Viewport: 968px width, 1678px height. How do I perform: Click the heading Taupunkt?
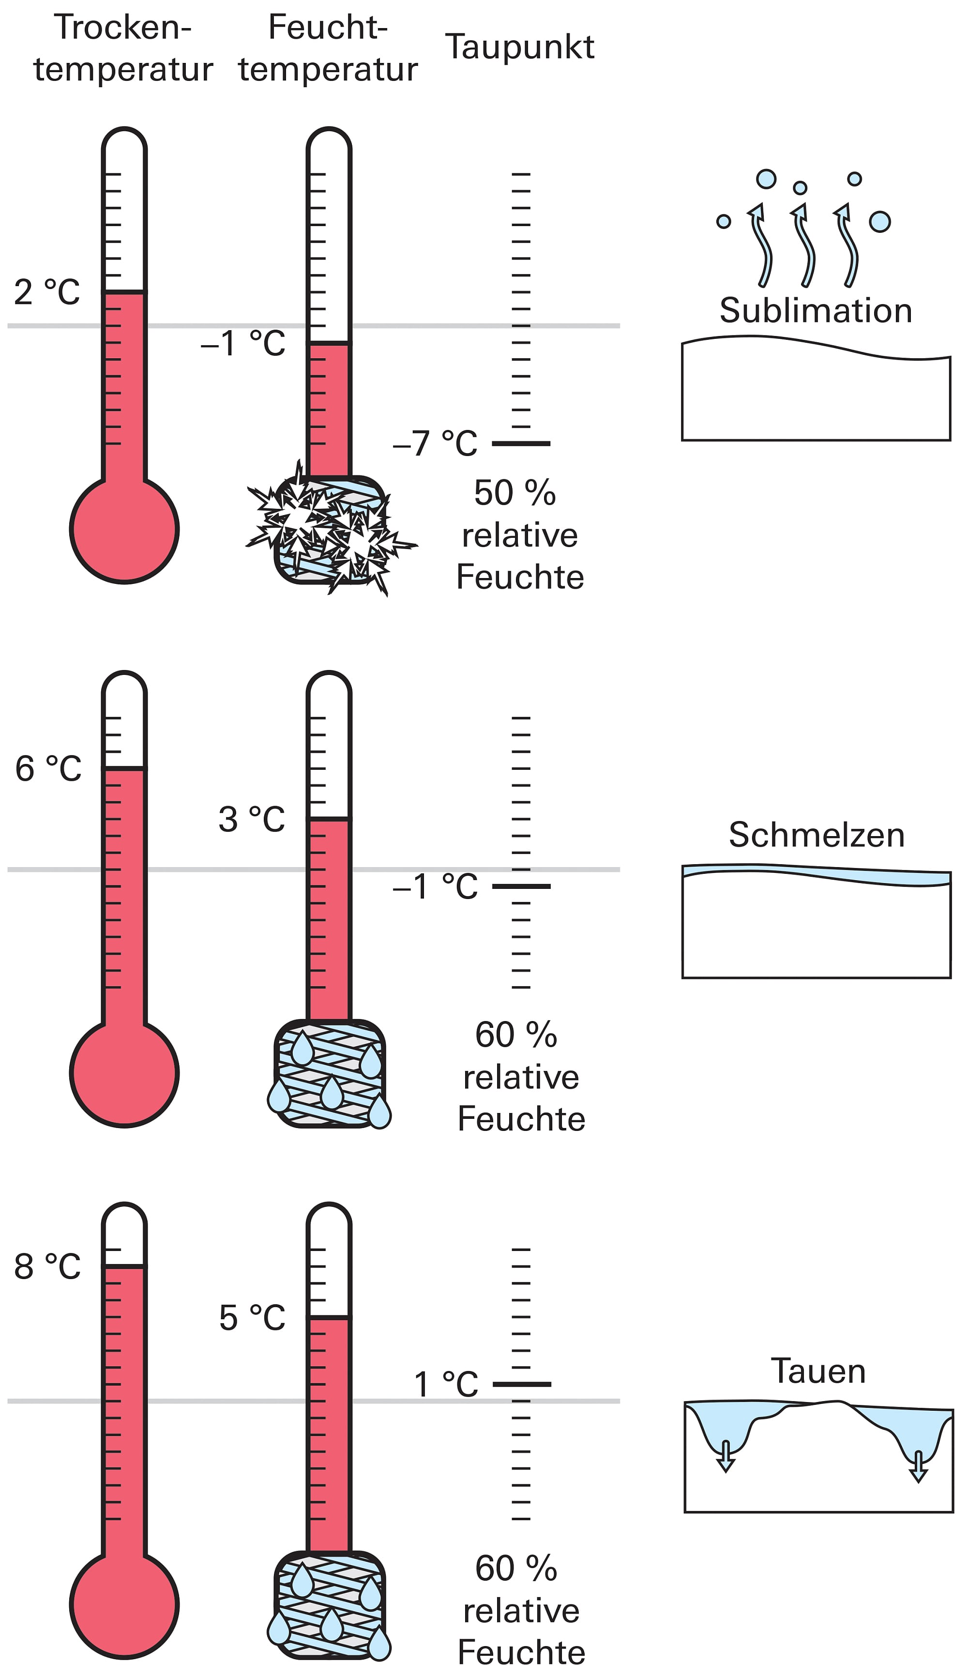pos(519,47)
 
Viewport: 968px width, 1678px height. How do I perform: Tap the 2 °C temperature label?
pos(46,292)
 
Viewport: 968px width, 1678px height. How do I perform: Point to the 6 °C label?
pos(48,768)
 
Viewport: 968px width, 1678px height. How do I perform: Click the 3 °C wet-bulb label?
pos(251,819)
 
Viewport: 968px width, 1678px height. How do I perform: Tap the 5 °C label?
pos(252,1318)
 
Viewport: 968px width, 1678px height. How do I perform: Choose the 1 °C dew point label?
pos(445,1384)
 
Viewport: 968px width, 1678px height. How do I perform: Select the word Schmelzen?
pos(817,835)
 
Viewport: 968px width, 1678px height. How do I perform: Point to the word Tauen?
pos(818,1371)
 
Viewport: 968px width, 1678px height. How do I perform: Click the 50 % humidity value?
pos(514,493)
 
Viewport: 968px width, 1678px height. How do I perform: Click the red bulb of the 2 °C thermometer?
pos(124,529)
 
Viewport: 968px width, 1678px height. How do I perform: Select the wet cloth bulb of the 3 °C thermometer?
pos(330,1073)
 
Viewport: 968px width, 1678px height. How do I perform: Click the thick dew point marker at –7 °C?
pos(521,443)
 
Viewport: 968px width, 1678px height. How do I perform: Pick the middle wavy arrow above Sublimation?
pos(802,246)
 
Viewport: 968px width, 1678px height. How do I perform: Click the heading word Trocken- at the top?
pos(123,28)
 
